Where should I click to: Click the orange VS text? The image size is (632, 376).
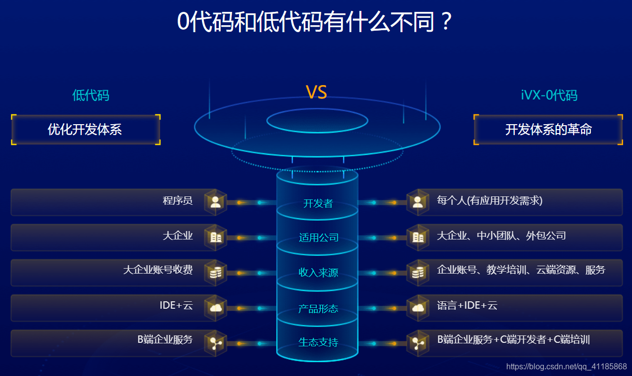pyautogui.click(x=316, y=92)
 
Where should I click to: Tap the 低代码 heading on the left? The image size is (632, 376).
pyautogui.click(x=91, y=95)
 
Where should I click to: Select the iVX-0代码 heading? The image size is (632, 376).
pyautogui.click(x=549, y=95)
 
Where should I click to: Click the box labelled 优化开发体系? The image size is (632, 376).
pyautogui.click(x=85, y=130)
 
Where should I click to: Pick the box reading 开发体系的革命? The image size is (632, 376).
pyautogui.click(x=548, y=130)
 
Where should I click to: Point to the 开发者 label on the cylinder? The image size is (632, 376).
pyautogui.click(x=318, y=203)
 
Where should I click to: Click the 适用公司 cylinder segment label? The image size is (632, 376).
pyautogui.click(x=318, y=237)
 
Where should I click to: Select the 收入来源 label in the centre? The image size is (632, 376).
pyautogui.click(x=318, y=273)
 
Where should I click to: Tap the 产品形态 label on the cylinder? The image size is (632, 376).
pyautogui.click(x=318, y=309)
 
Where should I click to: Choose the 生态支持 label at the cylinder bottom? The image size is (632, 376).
pyautogui.click(x=318, y=342)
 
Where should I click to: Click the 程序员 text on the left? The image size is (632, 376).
pyautogui.click(x=178, y=201)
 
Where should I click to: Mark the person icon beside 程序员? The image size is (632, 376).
pyautogui.click(x=215, y=202)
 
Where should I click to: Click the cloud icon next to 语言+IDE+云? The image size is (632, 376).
pyautogui.click(x=418, y=308)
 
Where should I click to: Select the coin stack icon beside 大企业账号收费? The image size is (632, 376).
pyautogui.click(x=215, y=273)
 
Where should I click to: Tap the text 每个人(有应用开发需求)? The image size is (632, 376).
pyautogui.click(x=489, y=201)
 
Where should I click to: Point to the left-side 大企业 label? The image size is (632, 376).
pyautogui.click(x=178, y=236)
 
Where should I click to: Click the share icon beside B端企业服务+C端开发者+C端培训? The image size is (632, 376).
pyautogui.click(x=418, y=343)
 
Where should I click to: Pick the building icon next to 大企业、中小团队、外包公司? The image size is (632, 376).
pyautogui.click(x=418, y=237)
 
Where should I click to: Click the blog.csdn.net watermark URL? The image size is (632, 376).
pyautogui.click(x=567, y=367)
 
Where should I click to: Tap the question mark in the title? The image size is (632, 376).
pyautogui.click(x=446, y=22)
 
